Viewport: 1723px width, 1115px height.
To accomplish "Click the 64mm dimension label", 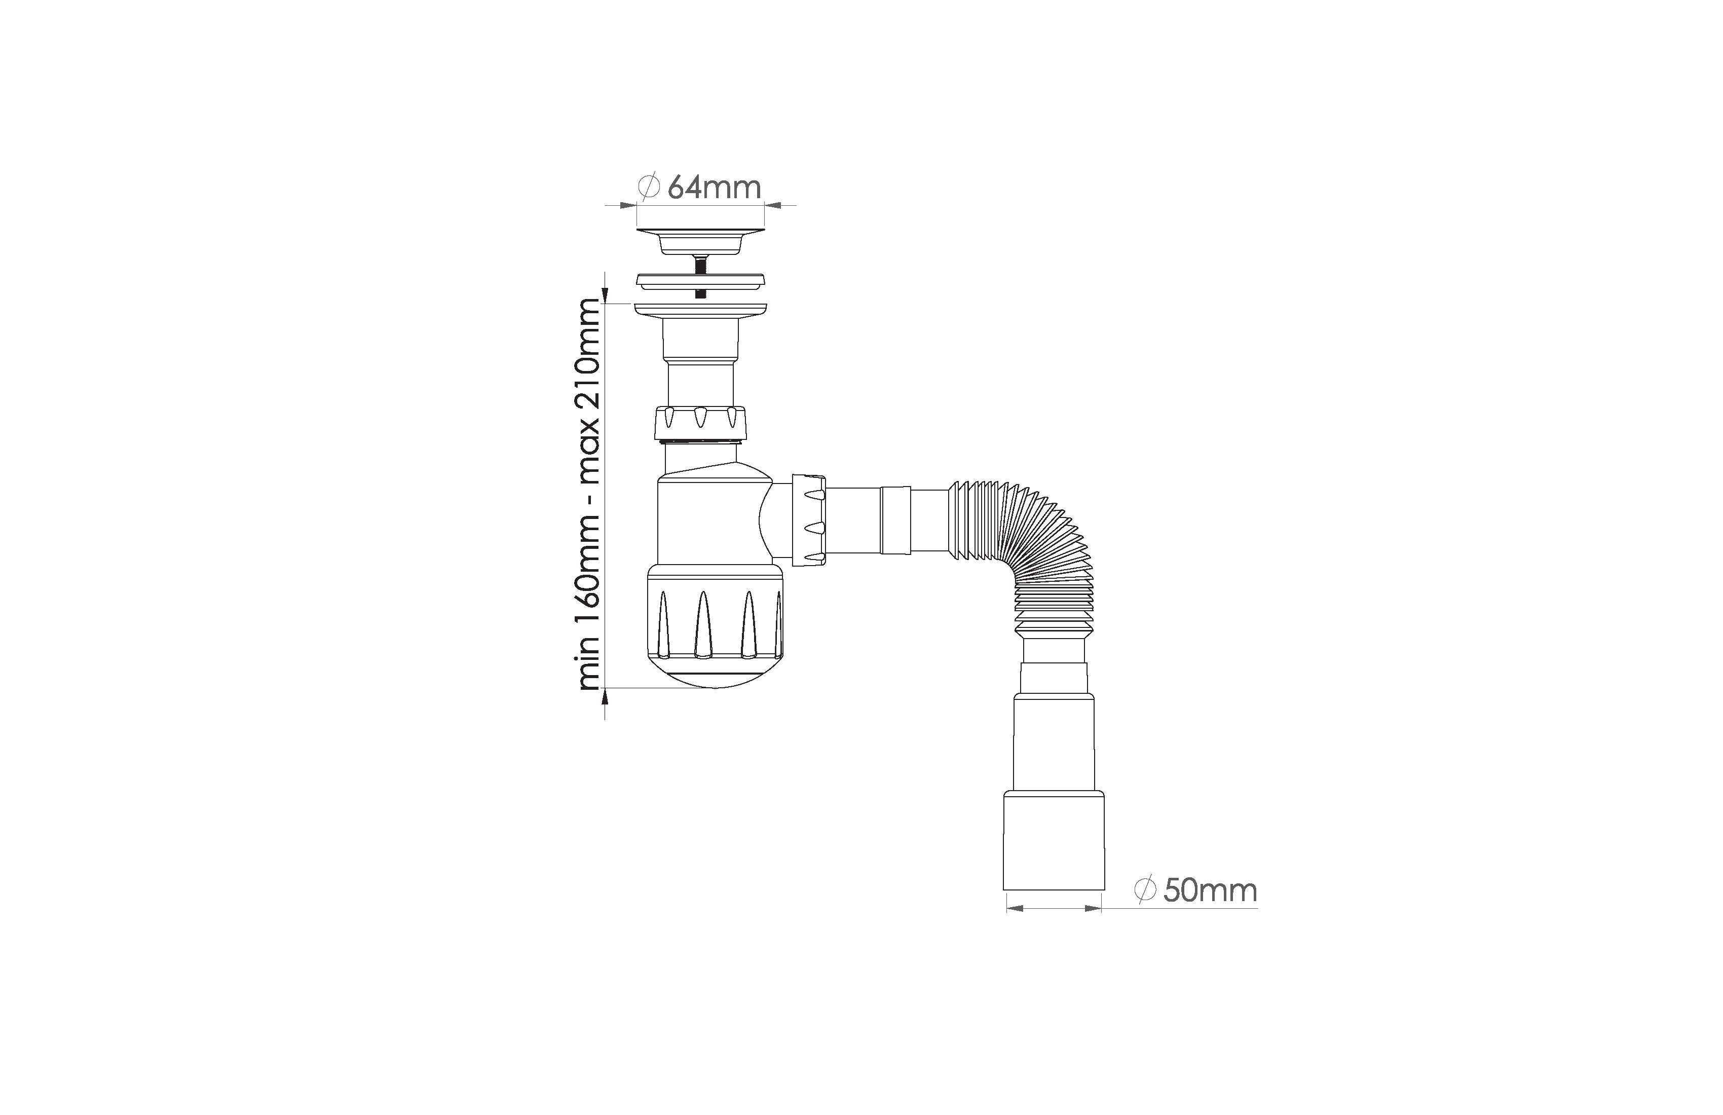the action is click(714, 188).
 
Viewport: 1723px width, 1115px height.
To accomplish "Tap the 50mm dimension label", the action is click(1210, 890).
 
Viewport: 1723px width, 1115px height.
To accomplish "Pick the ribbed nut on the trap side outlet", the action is click(809, 520).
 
